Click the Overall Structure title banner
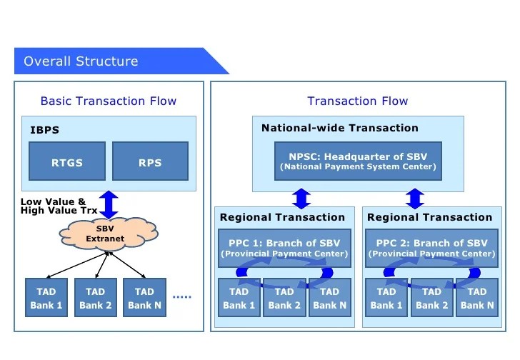tap(107, 61)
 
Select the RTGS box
tap(67, 161)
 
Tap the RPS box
tap(150, 161)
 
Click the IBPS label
tap(44, 130)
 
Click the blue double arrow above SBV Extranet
tap(109, 204)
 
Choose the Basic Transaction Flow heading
tap(108, 101)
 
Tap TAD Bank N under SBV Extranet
tap(144, 298)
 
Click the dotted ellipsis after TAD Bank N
tap(182, 296)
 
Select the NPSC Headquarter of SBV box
tap(357, 161)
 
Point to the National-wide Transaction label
tap(339, 129)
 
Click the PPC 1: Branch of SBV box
tap(284, 248)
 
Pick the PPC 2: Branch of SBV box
tap(431, 248)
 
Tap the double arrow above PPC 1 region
tap(301, 198)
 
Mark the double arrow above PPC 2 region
tap(414, 198)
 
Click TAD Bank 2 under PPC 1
tap(284, 298)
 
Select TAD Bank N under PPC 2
tap(476, 298)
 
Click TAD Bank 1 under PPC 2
tap(386, 298)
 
